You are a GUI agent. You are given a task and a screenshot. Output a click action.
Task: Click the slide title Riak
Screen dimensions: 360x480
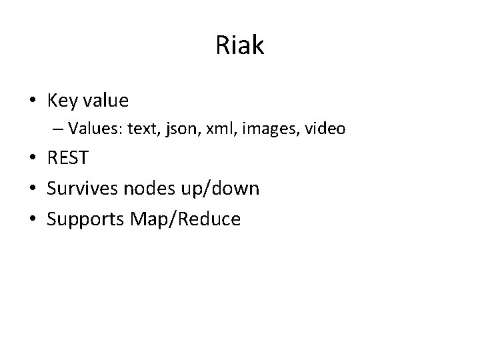(240, 46)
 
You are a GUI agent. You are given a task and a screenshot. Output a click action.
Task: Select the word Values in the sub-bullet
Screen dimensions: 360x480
(90, 128)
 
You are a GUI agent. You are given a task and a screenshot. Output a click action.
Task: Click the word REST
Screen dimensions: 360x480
(67, 159)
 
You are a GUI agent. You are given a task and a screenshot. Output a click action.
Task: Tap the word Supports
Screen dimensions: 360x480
(89, 219)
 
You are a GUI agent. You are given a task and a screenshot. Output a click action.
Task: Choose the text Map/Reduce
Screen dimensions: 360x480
(187, 219)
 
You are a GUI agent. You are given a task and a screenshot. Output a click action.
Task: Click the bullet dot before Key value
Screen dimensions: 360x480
(32, 101)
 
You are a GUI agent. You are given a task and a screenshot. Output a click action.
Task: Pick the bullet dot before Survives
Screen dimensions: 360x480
(32, 189)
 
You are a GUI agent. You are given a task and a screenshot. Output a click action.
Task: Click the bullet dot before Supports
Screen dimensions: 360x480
(32, 219)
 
